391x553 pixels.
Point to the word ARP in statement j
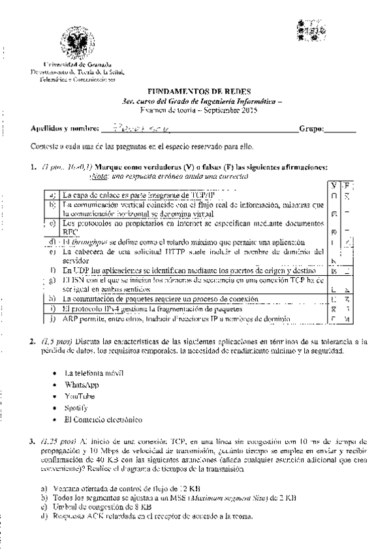pyautogui.click(x=71, y=319)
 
